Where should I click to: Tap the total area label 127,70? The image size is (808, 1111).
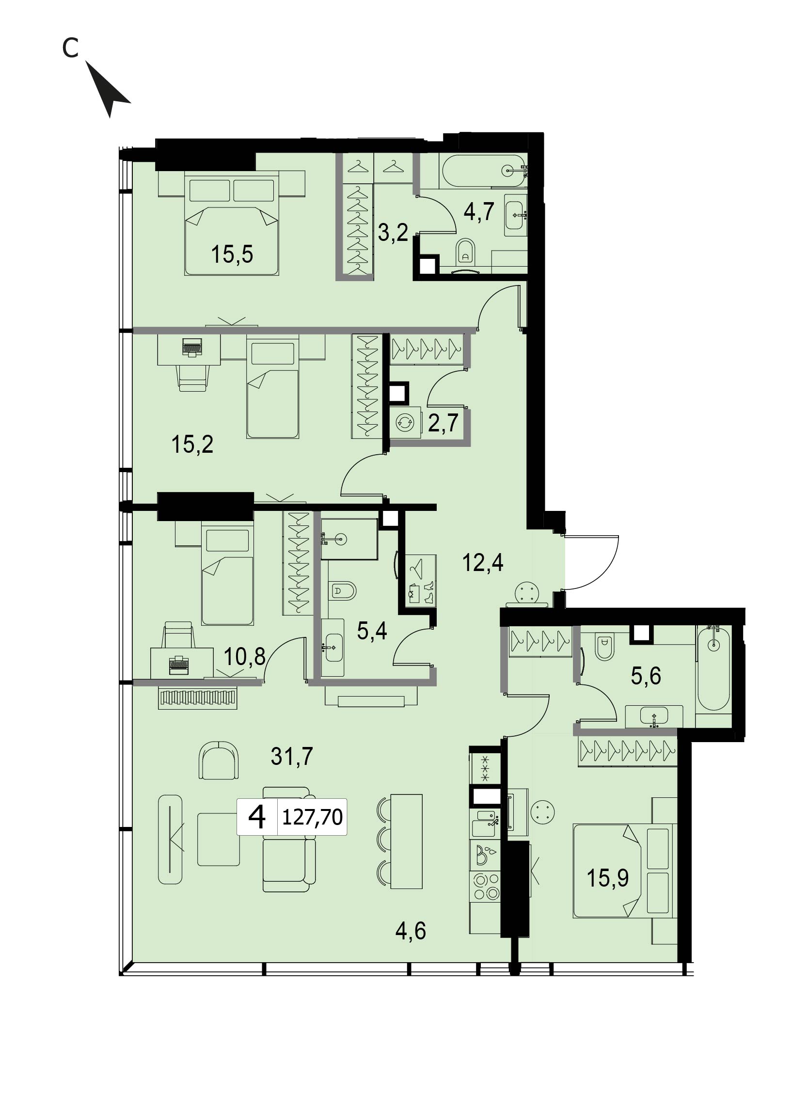(313, 817)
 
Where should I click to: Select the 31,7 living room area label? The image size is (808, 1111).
(292, 756)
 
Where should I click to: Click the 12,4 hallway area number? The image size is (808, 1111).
(483, 563)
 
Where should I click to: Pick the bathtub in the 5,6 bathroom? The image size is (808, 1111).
(714, 667)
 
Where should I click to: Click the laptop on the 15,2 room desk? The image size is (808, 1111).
(192, 348)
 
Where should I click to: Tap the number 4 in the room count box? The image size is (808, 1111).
(257, 817)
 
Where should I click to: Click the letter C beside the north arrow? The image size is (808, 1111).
(70, 48)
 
